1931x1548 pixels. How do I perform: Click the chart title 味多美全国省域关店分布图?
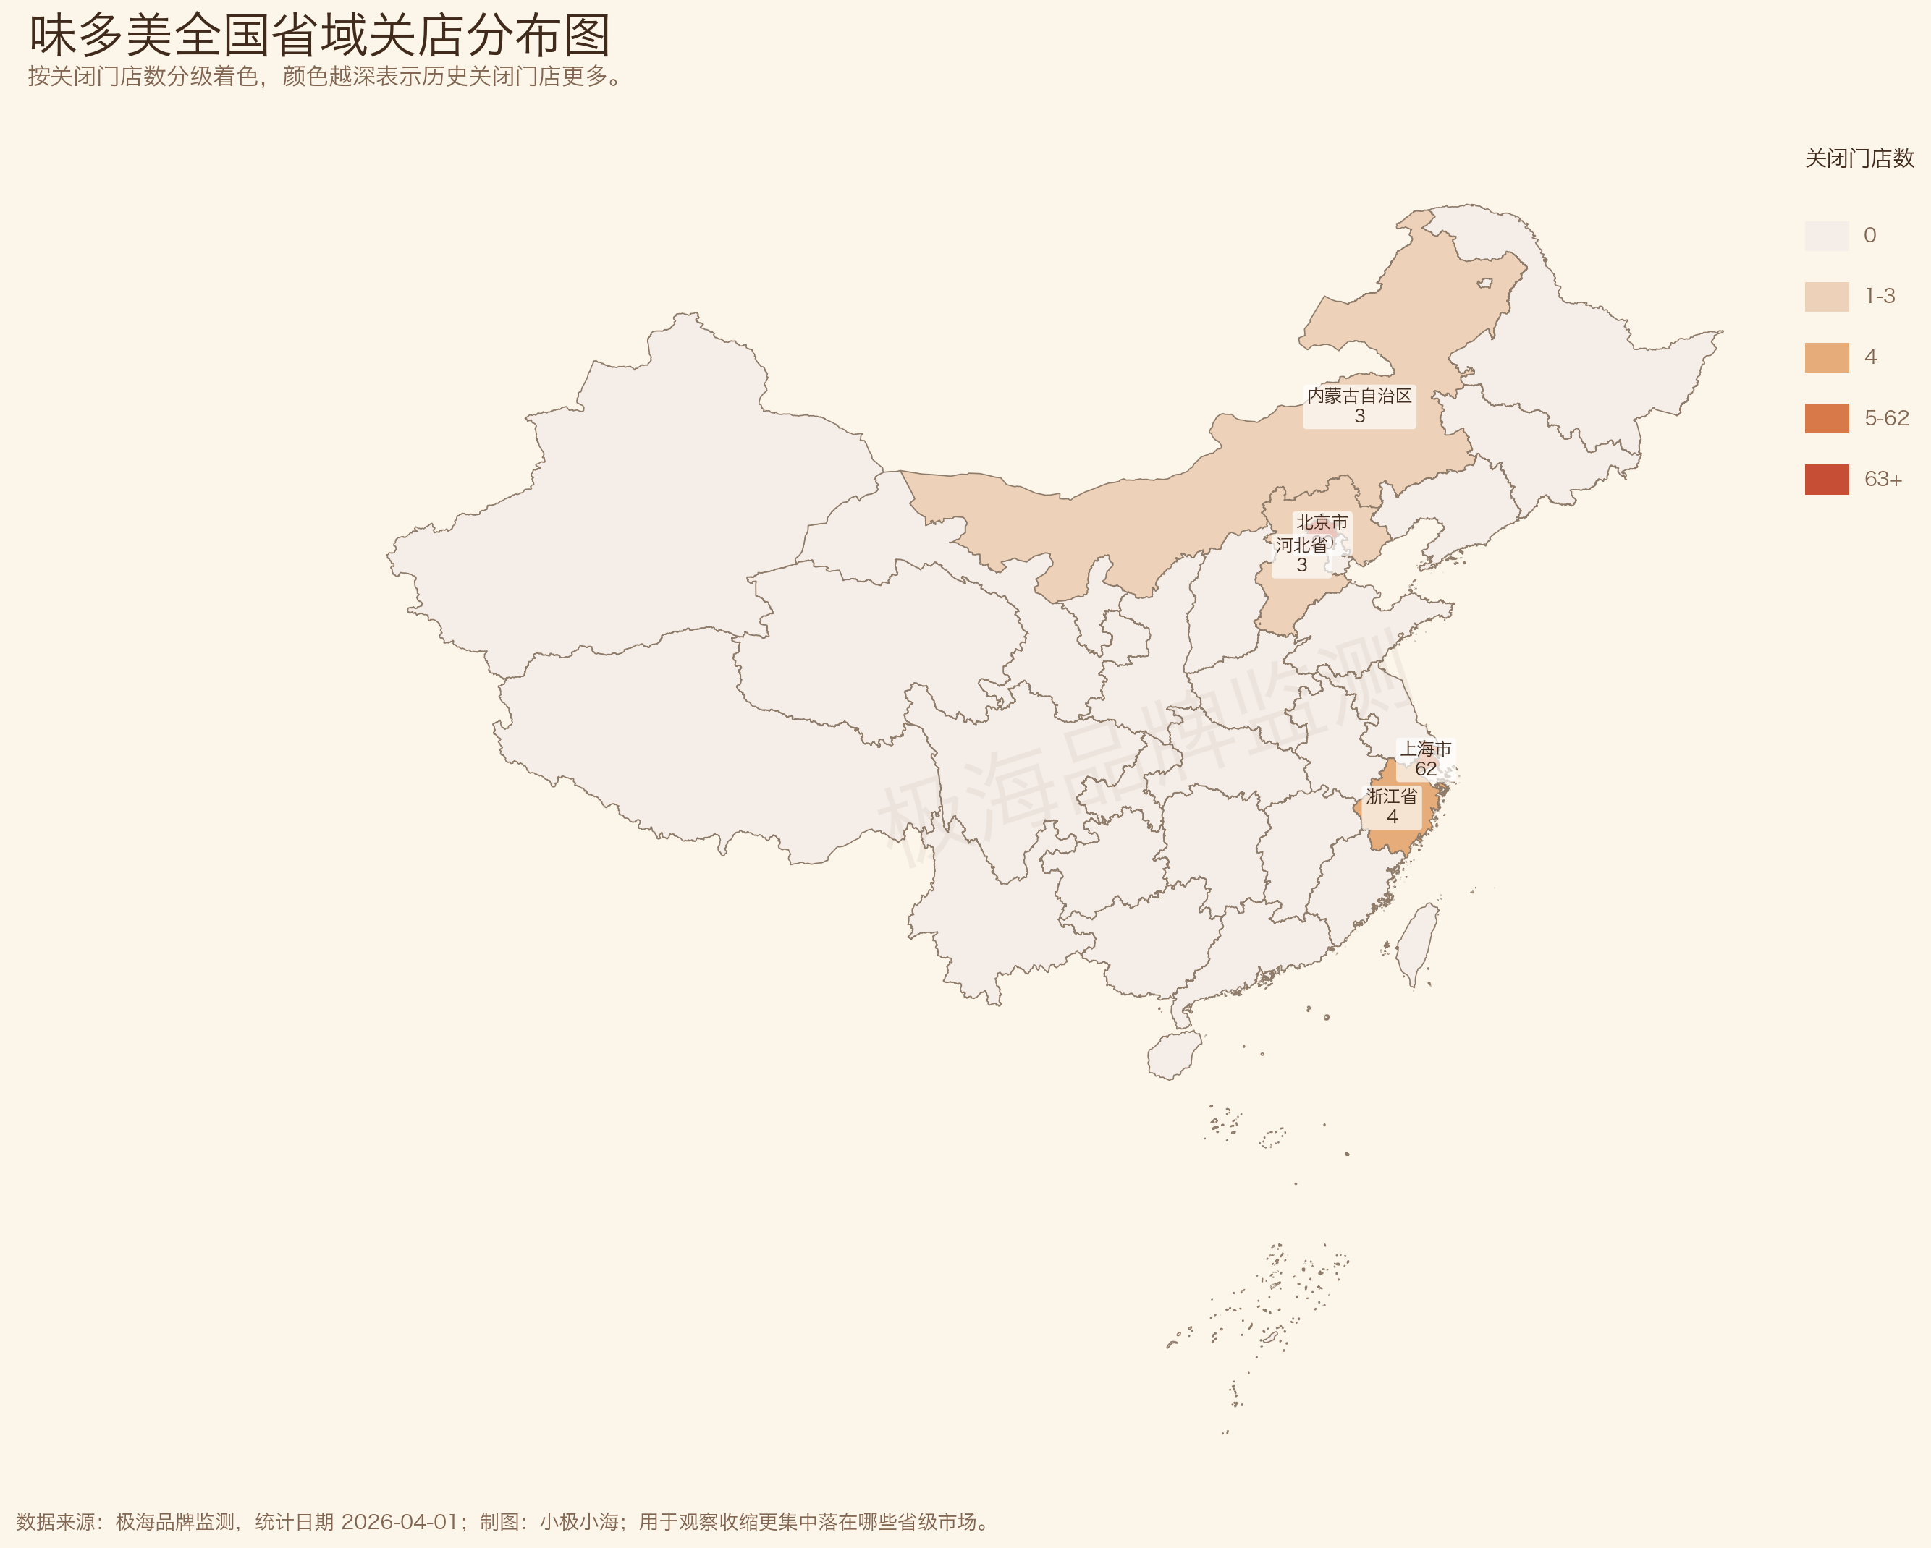[x=320, y=36]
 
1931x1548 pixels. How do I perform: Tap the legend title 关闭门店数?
[x=1859, y=158]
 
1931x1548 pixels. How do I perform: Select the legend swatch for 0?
[x=1826, y=236]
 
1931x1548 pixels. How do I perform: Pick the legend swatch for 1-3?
[x=1826, y=297]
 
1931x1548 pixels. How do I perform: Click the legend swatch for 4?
[x=1826, y=357]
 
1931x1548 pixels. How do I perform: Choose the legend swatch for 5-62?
[x=1826, y=418]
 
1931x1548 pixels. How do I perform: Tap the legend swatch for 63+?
[x=1826, y=479]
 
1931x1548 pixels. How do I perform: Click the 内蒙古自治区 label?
[x=1359, y=396]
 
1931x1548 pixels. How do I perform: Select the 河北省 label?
[x=1301, y=545]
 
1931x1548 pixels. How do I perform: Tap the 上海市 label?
[x=1426, y=749]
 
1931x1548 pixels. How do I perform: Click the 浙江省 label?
[x=1392, y=796]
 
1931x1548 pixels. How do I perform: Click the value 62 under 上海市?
[x=1426, y=769]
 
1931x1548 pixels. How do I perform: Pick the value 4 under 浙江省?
[x=1392, y=817]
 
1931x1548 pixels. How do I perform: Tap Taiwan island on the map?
[x=1418, y=944]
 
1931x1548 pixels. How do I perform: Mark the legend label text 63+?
[x=1883, y=479]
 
